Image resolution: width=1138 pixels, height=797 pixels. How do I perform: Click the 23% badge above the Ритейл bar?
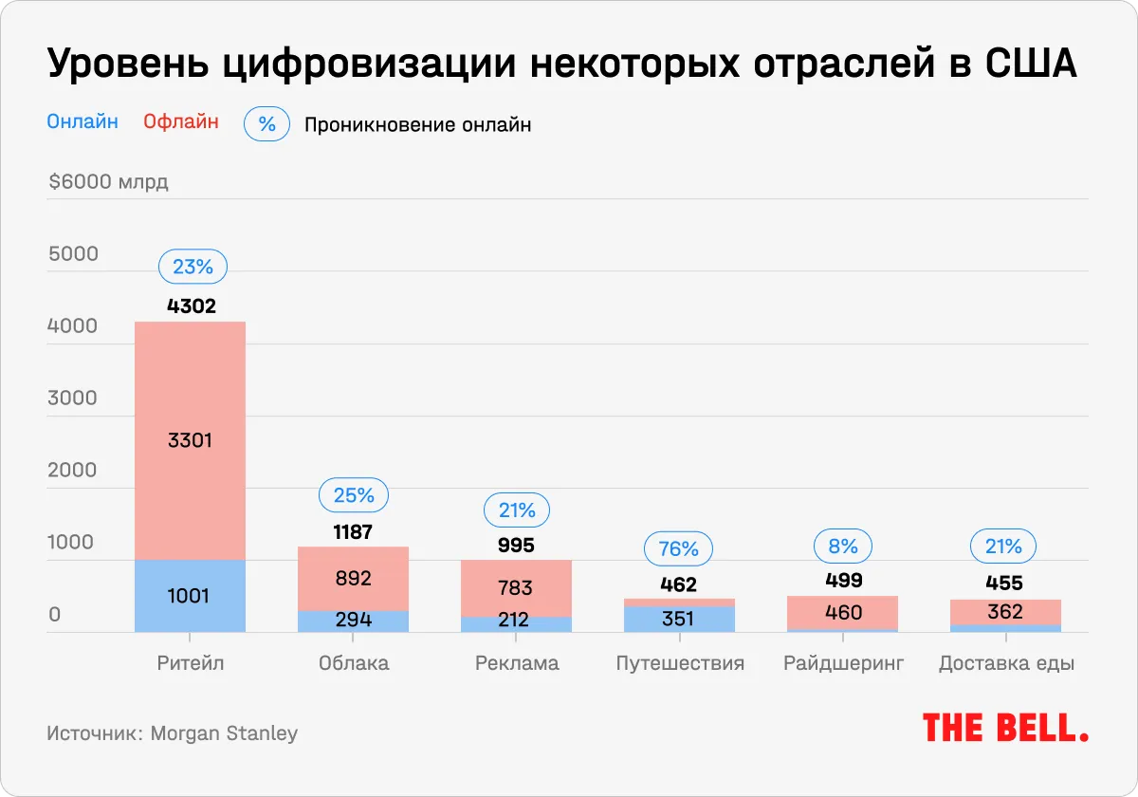click(x=193, y=268)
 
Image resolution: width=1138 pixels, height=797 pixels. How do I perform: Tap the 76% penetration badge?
click(x=678, y=549)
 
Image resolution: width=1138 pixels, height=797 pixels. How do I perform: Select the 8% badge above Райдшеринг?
click(x=842, y=547)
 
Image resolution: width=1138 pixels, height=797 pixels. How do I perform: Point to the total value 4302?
click(x=193, y=306)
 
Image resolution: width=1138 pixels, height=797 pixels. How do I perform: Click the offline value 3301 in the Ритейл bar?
click(x=190, y=440)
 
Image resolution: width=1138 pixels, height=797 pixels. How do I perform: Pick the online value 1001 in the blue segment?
click(x=190, y=596)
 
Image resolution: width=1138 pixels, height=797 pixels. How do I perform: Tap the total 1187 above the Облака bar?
click(x=353, y=532)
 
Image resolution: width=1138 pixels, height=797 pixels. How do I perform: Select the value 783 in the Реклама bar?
click(x=515, y=588)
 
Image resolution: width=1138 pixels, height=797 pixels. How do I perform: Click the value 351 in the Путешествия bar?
click(x=678, y=619)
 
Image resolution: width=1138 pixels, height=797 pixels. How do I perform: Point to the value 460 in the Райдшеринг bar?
click(x=842, y=613)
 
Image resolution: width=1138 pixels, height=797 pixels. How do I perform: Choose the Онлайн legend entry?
click(x=83, y=121)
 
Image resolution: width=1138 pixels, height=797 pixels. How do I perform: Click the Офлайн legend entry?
click(x=181, y=121)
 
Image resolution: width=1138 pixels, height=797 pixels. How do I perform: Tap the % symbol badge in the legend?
click(x=266, y=124)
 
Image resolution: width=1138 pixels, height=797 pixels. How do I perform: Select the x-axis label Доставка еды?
click(x=1006, y=663)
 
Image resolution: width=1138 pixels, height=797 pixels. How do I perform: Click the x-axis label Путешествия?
click(x=680, y=663)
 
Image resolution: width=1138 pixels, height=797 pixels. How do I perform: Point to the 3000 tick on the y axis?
click(x=73, y=398)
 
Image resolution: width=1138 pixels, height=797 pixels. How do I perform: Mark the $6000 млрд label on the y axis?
click(x=108, y=182)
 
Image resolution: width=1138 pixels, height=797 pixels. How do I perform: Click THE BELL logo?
click(x=1005, y=728)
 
